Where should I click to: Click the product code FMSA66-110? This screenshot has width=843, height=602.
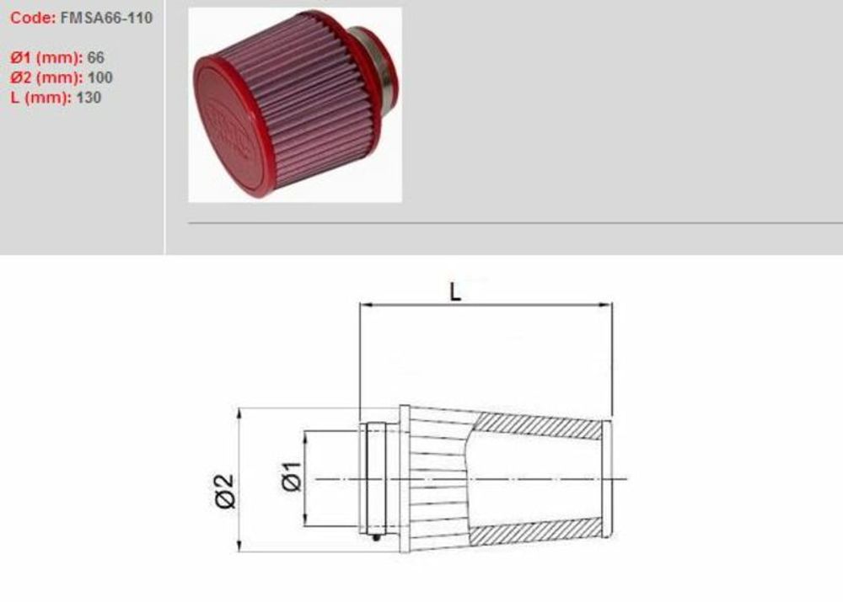(107, 18)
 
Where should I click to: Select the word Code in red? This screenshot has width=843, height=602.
(32, 18)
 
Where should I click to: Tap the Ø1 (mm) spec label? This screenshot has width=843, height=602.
(46, 58)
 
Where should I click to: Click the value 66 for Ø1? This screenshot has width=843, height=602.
(97, 58)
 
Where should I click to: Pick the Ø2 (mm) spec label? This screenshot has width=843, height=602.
(46, 77)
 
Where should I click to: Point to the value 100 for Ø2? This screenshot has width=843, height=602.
(100, 77)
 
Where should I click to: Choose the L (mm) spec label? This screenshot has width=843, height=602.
(41, 97)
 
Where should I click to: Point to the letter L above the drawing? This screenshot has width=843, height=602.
(455, 292)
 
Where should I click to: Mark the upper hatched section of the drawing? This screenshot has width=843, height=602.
(540, 425)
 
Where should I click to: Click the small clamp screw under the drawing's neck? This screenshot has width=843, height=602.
(376, 535)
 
